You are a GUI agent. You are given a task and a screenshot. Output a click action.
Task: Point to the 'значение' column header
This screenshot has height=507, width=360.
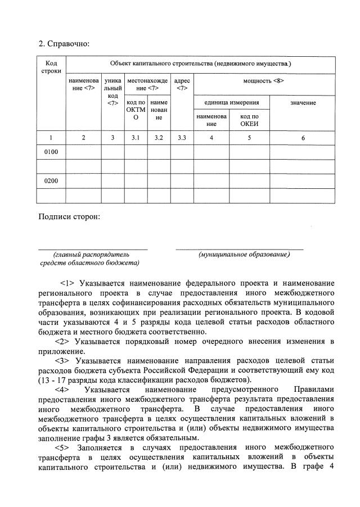(x=303, y=102)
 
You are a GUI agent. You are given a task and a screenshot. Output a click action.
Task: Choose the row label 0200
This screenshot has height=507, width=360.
(x=51, y=182)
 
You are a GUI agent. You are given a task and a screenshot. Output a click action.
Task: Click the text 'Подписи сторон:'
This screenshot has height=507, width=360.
(x=69, y=216)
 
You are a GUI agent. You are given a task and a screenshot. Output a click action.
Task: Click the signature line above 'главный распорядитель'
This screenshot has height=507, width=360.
(x=93, y=248)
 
